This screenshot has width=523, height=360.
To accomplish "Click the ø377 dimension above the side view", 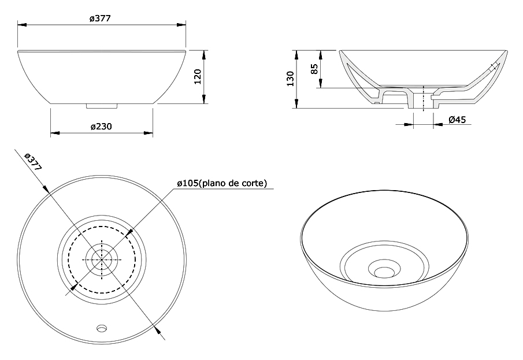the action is [100, 18].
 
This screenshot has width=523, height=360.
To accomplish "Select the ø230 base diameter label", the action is [101, 127].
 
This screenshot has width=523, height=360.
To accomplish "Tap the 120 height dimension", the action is [198, 76].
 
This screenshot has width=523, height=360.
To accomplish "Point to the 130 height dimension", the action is [291, 79].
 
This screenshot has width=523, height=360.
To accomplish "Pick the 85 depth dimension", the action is [314, 69].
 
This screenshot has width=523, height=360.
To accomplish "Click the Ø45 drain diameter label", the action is [457, 120].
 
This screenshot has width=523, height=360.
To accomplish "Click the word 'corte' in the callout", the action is [255, 183].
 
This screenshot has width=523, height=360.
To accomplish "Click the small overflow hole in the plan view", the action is [102, 328].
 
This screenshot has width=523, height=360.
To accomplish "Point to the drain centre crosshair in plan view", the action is [102, 259].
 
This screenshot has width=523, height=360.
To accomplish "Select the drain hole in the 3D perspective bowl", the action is [384, 272].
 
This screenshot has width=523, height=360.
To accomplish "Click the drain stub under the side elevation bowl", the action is [102, 106].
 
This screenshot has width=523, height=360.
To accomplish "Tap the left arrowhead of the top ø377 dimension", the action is [22, 25].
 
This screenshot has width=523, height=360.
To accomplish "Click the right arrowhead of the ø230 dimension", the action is [149, 133].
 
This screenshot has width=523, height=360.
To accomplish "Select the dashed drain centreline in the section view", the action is [423, 98].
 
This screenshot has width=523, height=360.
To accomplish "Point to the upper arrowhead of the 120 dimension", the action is [203, 55].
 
